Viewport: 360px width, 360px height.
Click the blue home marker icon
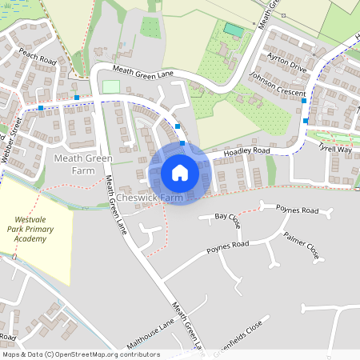180,172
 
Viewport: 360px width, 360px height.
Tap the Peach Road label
37,58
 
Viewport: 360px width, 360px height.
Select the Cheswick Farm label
150,197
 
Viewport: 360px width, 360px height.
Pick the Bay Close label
228,217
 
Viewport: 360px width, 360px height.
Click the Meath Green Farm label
82,164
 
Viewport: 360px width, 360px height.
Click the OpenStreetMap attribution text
80,354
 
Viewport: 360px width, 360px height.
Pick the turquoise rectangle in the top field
234,30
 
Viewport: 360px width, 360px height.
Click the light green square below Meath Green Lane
110,86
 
